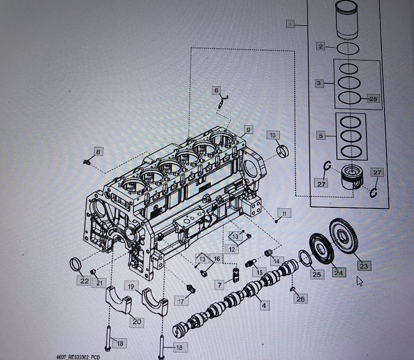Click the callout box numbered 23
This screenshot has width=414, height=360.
tap(363, 266)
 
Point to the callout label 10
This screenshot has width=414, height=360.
tap(273, 136)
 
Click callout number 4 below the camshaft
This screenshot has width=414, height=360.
tap(263, 306)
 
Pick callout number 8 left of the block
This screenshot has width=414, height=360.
tap(98, 152)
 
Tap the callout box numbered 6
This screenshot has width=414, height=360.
tap(217, 91)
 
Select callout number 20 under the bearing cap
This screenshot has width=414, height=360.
tap(137, 321)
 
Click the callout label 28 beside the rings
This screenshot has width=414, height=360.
tap(373, 98)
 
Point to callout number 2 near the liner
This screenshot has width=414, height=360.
tap(321, 47)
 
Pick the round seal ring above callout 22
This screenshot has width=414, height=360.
tap(76, 264)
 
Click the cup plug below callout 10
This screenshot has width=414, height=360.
tap(282, 152)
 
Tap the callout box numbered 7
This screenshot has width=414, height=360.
tap(220, 285)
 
